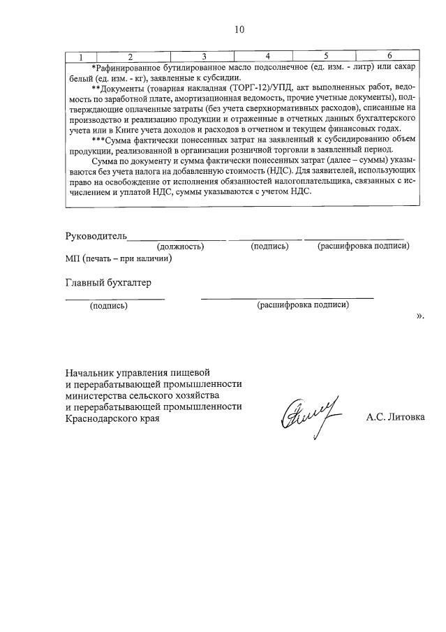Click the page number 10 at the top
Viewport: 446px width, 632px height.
coord(239,29)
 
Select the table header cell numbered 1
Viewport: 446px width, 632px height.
coord(81,56)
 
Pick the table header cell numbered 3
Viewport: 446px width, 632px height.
coord(203,56)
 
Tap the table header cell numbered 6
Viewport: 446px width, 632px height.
coord(389,56)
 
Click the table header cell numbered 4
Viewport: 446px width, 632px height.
coord(267,56)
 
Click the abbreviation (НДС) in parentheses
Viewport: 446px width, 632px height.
coord(277,171)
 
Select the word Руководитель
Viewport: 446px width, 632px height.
coord(96,235)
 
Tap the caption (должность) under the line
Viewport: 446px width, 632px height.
coord(180,247)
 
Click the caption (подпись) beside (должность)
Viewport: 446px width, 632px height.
coord(269,247)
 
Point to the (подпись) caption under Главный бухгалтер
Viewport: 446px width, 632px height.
coord(108,305)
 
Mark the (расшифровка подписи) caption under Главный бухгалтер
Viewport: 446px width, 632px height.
coord(303,305)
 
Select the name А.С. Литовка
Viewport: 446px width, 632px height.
coord(394,418)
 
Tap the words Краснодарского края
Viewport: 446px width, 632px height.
coord(112,418)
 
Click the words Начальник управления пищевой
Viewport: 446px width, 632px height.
coord(137,371)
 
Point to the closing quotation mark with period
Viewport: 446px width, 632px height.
coord(420,316)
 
